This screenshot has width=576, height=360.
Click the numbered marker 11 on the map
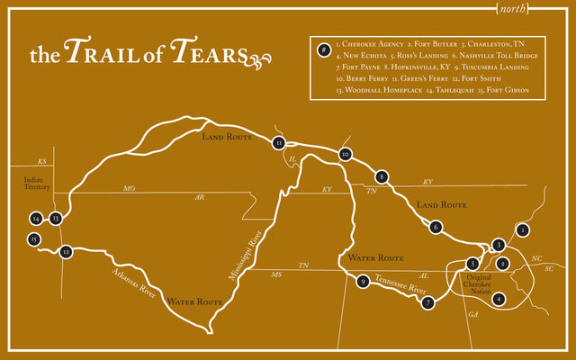click(279, 142)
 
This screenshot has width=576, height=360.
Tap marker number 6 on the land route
click(436, 227)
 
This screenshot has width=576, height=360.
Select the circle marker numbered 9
click(363, 282)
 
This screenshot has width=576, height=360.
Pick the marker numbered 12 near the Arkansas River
click(66, 252)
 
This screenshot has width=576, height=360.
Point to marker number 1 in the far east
click(520, 229)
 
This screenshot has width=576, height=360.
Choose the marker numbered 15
click(33, 239)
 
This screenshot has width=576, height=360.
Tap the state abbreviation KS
click(41, 160)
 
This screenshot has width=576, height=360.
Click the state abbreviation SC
click(548, 267)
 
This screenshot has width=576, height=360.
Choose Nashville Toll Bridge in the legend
click(500, 54)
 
